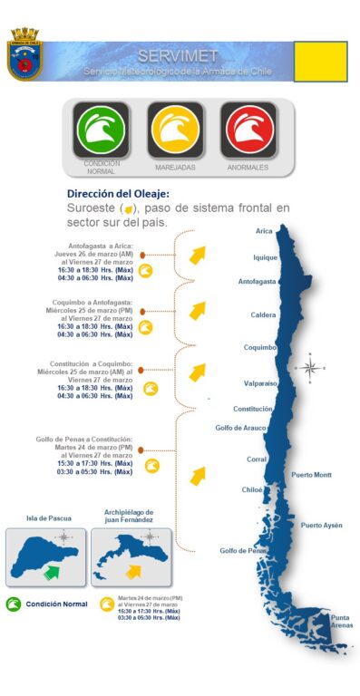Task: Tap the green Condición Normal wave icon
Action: point(101,130)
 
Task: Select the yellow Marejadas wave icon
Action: point(175,130)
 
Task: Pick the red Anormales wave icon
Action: point(248,130)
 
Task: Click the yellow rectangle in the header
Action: point(320,61)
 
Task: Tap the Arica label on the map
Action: point(266,231)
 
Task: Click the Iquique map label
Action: point(264,256)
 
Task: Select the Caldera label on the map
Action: point(264,315)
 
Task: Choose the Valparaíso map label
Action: point(260,383)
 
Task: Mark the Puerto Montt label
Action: point(311,475)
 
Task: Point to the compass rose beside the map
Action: point(310,367)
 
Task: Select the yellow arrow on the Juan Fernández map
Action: point(135,570)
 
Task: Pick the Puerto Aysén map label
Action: point(321,526)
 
